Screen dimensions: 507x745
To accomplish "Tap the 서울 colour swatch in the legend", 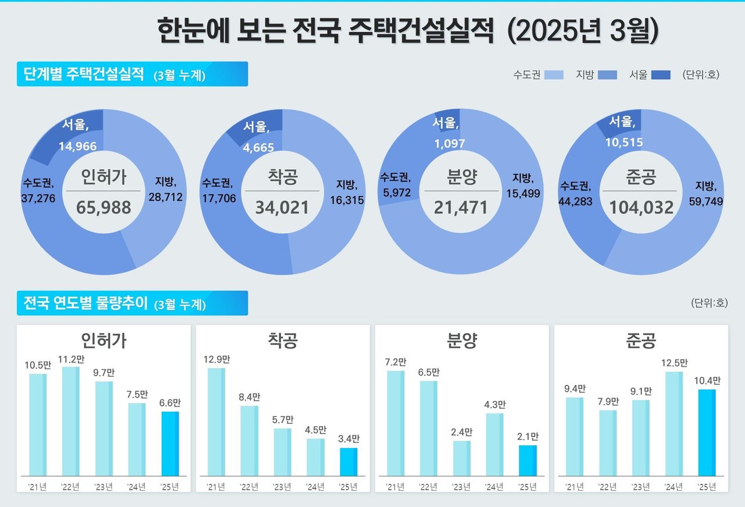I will tap(660, 75).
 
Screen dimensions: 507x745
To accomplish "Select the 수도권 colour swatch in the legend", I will tap(554, 75).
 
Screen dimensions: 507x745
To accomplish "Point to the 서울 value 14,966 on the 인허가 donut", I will tap(77, 147).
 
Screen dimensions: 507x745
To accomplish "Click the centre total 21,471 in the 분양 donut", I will tap(460, 207).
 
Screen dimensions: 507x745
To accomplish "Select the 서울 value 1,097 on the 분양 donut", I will tap(450, 143).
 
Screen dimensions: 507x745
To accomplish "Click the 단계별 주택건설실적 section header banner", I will tap(132, 74).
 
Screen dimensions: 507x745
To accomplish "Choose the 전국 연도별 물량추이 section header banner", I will tap(132, 303).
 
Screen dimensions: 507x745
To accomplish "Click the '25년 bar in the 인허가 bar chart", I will tap(170, 444).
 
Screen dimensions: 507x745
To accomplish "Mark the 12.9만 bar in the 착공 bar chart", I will tap(217, 422).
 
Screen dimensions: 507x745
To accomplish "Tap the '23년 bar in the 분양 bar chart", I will tap(462, 458).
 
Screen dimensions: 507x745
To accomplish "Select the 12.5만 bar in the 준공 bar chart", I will tap(673, 423).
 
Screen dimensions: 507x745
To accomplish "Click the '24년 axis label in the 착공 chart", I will tap(315, 487).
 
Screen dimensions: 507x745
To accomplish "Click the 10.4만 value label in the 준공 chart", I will tap(707, 381).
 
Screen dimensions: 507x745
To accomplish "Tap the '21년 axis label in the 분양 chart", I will tap(395, 487).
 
